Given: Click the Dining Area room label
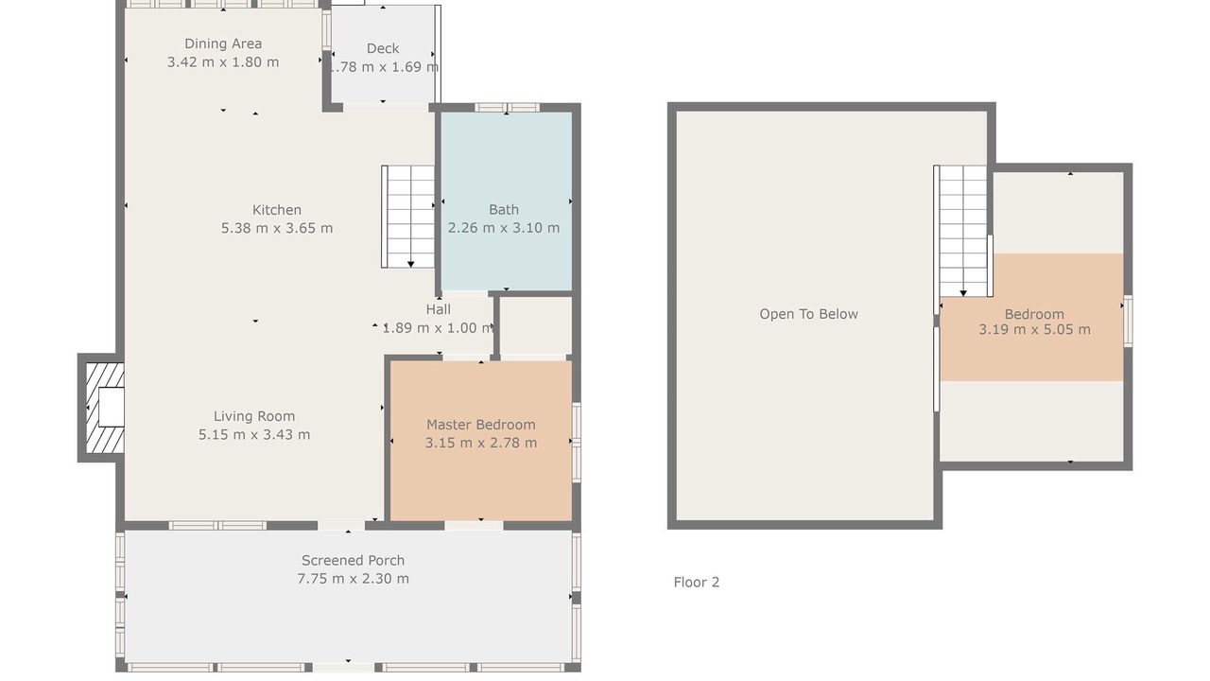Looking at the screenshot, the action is point(223,44).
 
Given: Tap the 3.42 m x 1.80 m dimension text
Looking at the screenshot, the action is point(223,62).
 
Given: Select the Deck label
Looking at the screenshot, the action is point(383,48).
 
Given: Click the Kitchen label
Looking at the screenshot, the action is point(277,210).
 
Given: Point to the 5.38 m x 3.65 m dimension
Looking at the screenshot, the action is point(277,228).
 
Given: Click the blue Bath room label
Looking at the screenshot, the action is point(504,210).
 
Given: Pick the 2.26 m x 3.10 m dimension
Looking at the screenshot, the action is point(504,228).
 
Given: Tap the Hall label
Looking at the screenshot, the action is point(438,309).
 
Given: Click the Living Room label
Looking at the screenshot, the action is point(254,416).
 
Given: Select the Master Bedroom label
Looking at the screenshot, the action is point(481,425).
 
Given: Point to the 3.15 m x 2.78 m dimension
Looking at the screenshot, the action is point(481,444).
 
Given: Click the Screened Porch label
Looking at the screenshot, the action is point(353,561).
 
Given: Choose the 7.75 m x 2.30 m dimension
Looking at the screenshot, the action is point(353,579).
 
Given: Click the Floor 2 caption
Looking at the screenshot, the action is point(697,582).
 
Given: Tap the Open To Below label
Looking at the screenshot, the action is point(808,314).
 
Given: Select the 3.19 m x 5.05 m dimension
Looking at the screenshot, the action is point(1034,330).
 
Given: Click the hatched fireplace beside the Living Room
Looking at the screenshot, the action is point(105,408).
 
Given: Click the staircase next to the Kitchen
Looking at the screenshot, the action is point(407,217).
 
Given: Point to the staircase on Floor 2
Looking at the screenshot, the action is point(962,231).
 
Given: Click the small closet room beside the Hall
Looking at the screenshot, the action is point(535,325).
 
